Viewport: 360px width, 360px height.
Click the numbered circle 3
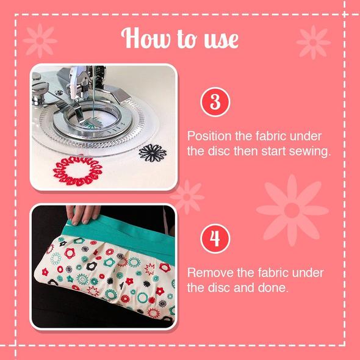click(215, 102)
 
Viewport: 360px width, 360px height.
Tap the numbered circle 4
click(215, 239)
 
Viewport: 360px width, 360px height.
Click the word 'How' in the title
click(146, 38)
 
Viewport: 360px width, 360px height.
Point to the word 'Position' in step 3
click(209, 137)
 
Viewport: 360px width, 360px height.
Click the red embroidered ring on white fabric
click(77, 171)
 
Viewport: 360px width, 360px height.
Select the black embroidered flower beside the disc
click(153, 153)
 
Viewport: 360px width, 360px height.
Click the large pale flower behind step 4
click(292, 210)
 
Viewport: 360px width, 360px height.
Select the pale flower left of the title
click(40, 41)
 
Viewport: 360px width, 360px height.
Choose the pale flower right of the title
click(313, 42)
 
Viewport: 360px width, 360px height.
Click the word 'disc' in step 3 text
click(219, 151)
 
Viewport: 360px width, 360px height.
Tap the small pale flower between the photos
click(187, 197)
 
